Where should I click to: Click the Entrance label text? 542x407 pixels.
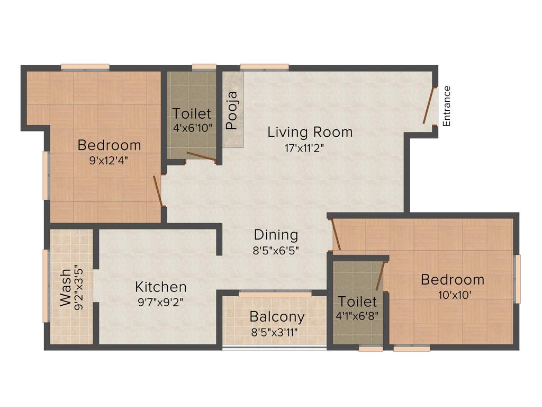click(447, 105)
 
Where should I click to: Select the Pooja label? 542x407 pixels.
click(232, 111)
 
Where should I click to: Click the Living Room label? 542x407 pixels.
click(310, 131)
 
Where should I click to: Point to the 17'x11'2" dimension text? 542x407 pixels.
click(304, 148)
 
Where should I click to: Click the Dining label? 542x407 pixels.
click(276, 234)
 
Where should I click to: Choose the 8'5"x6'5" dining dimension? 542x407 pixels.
click(276, 250)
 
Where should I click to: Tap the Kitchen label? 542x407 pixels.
click(161, 287)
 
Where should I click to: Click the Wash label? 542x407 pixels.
click(65, 287)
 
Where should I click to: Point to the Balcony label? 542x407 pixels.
click(277, 317)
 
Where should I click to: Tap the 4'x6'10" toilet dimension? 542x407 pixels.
click(192, 128)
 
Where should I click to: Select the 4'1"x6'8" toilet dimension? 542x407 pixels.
click(357, 317)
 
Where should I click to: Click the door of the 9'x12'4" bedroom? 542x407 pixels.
click(158, 191)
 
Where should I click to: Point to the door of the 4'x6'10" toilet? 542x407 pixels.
click(201, 156)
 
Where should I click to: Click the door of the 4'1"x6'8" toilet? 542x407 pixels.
click(380, 276)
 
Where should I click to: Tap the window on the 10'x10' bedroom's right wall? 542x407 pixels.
click(517, 279)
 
